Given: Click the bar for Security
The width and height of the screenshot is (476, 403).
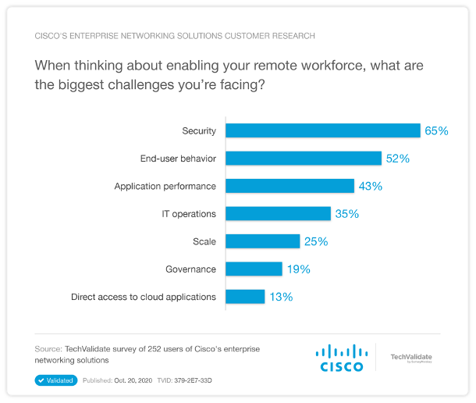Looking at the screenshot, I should (322, 130).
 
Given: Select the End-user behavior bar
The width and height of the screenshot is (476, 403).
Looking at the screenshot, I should (304, 158).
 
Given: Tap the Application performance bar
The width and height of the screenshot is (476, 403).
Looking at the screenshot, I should (290, 186).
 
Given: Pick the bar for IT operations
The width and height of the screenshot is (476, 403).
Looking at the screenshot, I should (278, 213).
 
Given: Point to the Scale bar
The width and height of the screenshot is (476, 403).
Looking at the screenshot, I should (262, 241).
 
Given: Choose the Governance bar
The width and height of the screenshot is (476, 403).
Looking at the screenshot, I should (254, 269).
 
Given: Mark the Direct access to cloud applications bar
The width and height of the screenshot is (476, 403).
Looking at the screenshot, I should (245, 296).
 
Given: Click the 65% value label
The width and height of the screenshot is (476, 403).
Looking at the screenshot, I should (436, 130).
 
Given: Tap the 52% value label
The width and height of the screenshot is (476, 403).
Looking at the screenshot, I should (397, 158).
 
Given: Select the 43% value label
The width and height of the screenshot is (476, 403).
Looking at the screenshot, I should (370, 186).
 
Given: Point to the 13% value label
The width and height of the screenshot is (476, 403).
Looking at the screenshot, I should (281, 297).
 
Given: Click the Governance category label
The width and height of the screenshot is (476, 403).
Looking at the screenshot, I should (190, 269).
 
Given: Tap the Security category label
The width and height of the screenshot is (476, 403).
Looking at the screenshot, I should (198, 130).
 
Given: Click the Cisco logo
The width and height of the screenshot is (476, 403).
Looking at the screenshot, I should (341, 358).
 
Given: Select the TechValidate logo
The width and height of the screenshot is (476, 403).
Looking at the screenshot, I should (410, 358).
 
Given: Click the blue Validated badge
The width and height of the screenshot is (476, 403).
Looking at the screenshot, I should (55, 380).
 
